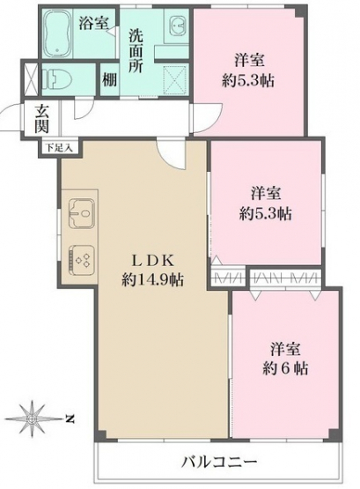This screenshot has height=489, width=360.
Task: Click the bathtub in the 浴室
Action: click(57, 33)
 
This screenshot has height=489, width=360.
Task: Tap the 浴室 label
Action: click(93, 23)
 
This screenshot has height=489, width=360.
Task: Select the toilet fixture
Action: click(56, 78)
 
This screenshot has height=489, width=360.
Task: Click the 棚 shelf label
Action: click(110, 79)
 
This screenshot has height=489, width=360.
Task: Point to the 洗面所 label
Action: click(136, 50)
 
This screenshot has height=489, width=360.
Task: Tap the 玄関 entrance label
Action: click(42, 119)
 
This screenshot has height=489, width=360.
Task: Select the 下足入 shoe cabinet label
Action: click(60, 147)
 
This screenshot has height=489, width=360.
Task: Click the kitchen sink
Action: click(82, 213)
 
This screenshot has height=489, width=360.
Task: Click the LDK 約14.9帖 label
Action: click(152, 270)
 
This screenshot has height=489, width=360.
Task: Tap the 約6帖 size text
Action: click(285, 369)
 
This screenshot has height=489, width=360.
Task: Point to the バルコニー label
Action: click(219, 461)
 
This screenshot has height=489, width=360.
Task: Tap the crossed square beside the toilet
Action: click(31, 79)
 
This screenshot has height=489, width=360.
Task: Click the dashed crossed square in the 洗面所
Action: click(176, 79)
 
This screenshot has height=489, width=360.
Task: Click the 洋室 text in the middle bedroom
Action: click(266, 193)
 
